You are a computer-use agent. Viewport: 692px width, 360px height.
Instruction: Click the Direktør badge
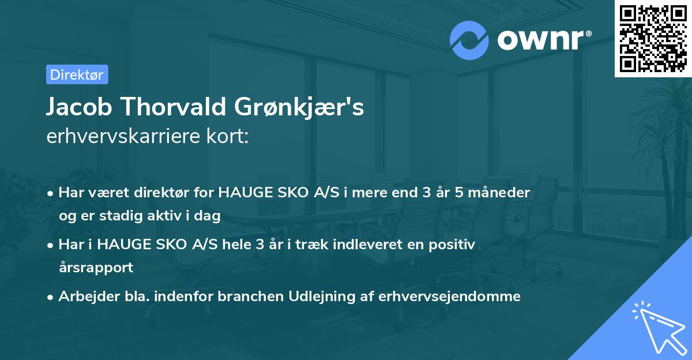coord(77,74)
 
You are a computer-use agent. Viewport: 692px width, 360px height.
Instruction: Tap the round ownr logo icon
coord(469,40)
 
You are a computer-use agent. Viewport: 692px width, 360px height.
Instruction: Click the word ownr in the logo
coord(540,40)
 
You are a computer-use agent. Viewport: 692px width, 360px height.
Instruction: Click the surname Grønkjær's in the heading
coord(300,108)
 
